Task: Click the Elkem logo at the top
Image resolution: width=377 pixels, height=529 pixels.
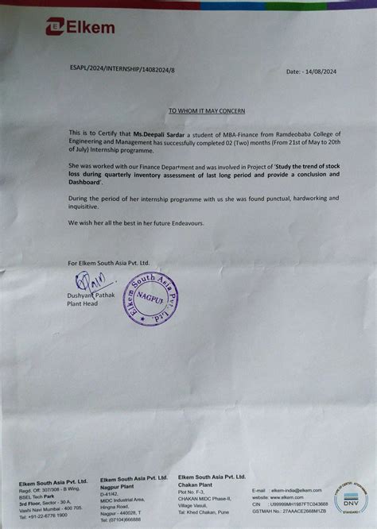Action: click(80, 27)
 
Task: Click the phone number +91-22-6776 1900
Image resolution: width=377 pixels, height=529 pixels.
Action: click(45, 515)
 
